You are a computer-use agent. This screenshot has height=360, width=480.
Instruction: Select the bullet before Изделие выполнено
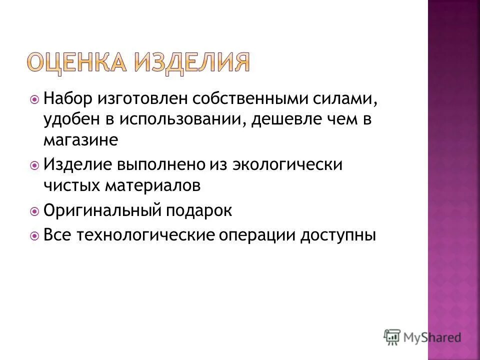point(34,165)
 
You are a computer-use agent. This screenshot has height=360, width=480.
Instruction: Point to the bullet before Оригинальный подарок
point(34,211)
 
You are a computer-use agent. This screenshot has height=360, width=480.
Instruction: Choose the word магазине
point(80,140)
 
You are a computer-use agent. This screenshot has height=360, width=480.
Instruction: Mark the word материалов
point(152,185)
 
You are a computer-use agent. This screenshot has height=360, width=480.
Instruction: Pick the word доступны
point(338,235)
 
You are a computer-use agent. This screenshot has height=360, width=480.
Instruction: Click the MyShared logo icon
point(392,337)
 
